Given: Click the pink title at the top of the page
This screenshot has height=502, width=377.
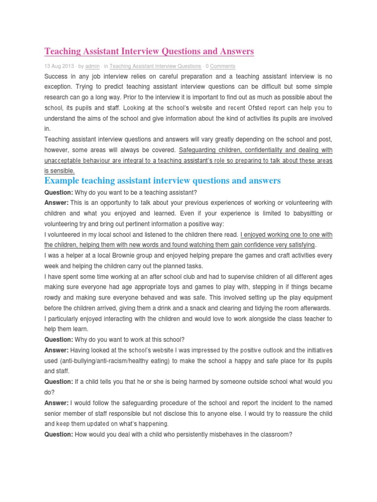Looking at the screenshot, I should click(x=149, y=51).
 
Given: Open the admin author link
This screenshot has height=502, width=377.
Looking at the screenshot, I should click(x=93, y=66).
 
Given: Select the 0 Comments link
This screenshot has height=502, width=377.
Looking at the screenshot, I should click(x=220, y=66).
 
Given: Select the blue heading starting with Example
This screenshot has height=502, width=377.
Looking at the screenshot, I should click(x=162, y=181).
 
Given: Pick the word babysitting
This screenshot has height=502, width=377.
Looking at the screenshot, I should click(x=304, y=213).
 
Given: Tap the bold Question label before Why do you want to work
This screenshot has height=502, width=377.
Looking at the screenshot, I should click(x=58, y=339).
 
